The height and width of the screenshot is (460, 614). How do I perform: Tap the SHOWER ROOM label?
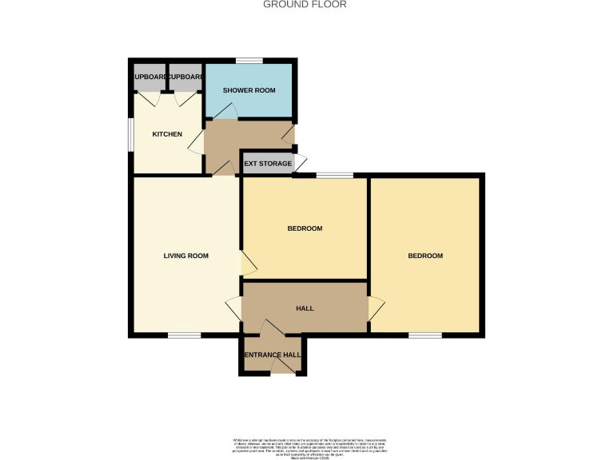click(x=249, y=90)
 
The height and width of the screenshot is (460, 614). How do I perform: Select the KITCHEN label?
click(x=167, y=134)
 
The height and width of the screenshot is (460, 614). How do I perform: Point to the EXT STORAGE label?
click(x=268, y=164)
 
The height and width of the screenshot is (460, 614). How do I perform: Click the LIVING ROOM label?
click(x=185, y=256)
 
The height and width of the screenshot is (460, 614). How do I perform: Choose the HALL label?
click(x=305, y=308)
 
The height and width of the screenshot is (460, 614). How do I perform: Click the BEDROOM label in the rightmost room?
click(x=425, y=256)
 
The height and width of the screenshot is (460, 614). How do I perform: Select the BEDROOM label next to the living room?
click(x=305, y=228)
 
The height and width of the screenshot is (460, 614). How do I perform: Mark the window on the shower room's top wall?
click(x=249, y=61)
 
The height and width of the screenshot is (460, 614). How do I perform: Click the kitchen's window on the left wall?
click(x=131, y=133)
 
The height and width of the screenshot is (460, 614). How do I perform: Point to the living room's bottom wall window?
click(x=184, y=336)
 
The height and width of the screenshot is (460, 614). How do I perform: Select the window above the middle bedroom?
click(x=335, y=174)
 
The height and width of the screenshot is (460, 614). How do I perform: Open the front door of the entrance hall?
click(x=282, y=367)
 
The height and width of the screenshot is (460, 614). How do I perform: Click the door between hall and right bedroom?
click(x=375, y=309)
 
